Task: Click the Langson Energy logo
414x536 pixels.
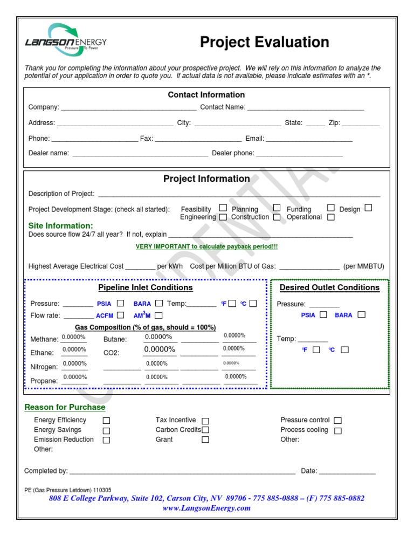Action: coord(66,38)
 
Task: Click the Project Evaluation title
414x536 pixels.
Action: coord(264,43)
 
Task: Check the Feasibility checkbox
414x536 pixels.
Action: coord(223,208)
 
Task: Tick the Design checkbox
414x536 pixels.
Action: coord(368,208)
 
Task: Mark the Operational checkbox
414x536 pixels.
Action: coord(330,217)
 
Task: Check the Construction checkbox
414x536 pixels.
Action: coord(277,217)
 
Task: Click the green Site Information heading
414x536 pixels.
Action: coord(60,225)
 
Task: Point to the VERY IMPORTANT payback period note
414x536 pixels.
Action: coord(206,247)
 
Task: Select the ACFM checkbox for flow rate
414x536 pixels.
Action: coord(121,315)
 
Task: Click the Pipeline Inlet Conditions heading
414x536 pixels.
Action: coord(145,288)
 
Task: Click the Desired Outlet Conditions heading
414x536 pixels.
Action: coord(329,288)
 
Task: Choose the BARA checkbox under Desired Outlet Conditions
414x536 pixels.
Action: coord(361,314)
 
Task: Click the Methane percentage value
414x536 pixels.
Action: coord(74,338)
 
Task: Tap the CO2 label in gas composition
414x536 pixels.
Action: coord(111,353)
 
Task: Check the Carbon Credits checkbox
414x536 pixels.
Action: coord(205,430)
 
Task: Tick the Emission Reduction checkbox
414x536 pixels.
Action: coord(106,440)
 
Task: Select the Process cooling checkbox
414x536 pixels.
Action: coord(337,430)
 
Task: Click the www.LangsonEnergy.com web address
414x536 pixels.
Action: coord(206,508)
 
